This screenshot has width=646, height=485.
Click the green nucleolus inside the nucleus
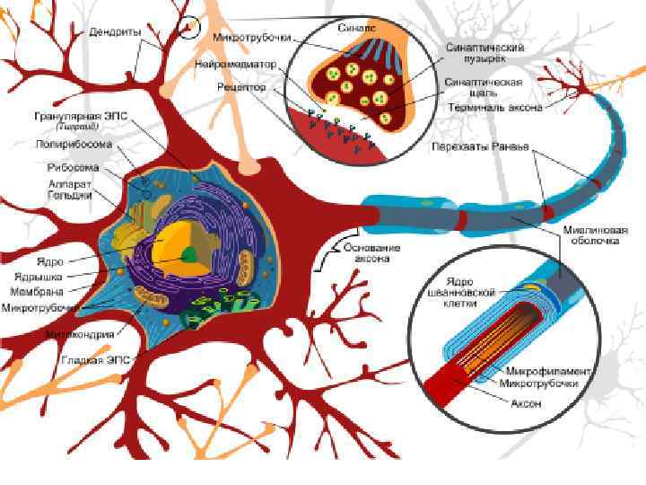[189, 254]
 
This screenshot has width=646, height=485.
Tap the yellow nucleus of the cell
[170, 242]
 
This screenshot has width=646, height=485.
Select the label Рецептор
[241, 88]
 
